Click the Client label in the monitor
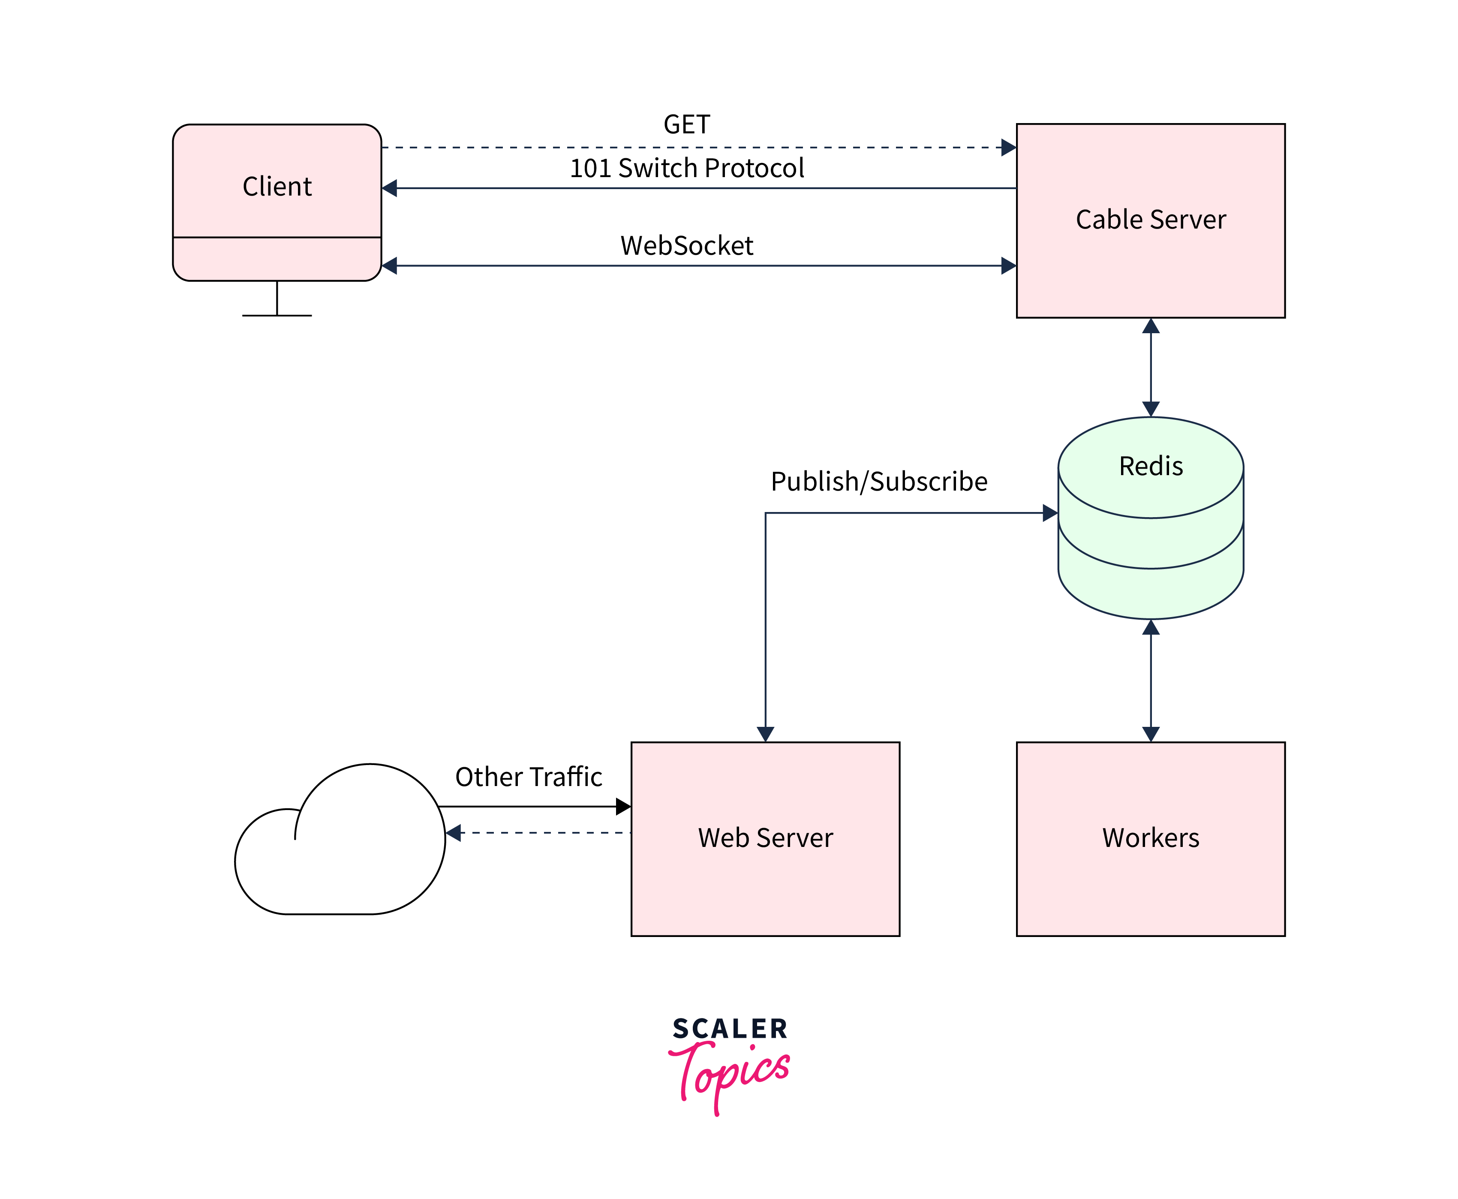pos(277,187)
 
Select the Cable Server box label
pos(1150,220)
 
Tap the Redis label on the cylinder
pos(1150,466)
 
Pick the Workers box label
pos(1150,838)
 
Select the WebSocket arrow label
pos(686,246)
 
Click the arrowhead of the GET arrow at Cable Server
pos(1009,147)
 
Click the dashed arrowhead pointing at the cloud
pos(454,833)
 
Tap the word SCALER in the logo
pos(730,1029)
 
